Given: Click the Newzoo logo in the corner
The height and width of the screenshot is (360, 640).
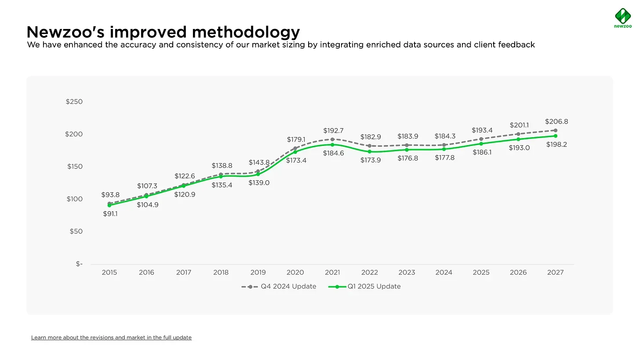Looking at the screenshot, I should click(622, 18).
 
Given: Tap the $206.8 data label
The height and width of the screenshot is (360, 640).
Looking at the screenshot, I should click(556, 121).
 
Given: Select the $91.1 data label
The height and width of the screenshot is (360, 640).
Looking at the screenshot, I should click(110, 214).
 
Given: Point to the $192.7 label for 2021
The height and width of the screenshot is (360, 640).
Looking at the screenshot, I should click(333, 131).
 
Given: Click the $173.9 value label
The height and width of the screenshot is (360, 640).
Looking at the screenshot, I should click(370, 160).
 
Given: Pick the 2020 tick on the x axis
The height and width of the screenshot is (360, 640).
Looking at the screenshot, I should click(295, 273).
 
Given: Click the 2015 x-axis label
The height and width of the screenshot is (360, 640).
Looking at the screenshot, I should click(109, 273).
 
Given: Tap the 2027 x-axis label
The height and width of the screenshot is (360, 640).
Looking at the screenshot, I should click(556, 273).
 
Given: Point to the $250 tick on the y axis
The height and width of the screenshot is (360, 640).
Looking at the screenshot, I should click(74, 102).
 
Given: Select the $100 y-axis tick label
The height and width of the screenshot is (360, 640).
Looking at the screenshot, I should click(74, 199).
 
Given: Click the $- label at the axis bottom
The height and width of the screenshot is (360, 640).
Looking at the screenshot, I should click(79, 264).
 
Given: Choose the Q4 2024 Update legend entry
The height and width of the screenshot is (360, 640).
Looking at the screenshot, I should click(279, 287).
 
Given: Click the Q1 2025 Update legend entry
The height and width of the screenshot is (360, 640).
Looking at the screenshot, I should click(365, 287).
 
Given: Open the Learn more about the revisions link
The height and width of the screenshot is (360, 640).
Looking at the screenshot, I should click(111, 338).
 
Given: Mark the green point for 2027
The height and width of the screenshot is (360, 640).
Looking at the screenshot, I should click(556, 136).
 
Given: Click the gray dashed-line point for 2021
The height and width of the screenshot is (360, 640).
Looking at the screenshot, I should click(332, 139).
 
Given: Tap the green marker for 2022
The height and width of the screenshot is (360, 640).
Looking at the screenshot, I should click(370, 152).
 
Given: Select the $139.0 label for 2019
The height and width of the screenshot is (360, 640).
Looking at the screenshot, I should click(259, 183).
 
